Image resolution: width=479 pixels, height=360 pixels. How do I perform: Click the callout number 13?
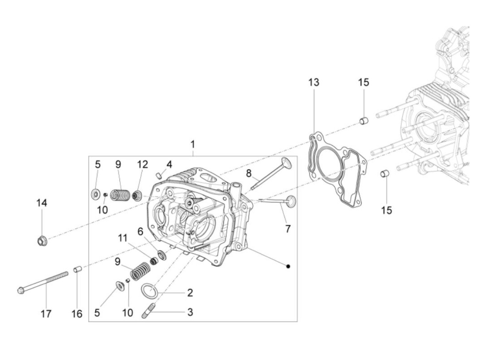coord(313,82)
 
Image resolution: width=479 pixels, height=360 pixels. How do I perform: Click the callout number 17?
coord(46,313)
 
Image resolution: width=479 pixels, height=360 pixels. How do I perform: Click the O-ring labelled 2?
coord(149,291)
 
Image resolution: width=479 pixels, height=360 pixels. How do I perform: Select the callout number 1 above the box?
coord(193,144)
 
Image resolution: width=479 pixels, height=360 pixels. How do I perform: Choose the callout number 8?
coord(249,173)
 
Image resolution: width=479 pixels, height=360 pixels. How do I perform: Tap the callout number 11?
coord(123,238)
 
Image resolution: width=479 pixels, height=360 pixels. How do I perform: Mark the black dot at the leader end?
coord(288,266)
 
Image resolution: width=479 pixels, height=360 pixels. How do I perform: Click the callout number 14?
coord(42,203)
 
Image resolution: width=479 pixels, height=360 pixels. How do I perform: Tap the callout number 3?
coord(190,312)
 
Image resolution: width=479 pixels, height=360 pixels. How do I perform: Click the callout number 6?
coord(140,231)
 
